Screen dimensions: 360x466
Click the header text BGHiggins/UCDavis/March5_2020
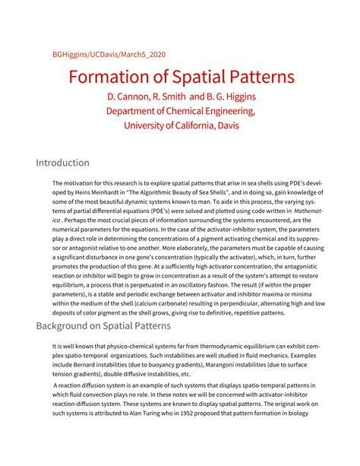[109, 55]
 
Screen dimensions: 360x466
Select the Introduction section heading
[63, 163]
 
